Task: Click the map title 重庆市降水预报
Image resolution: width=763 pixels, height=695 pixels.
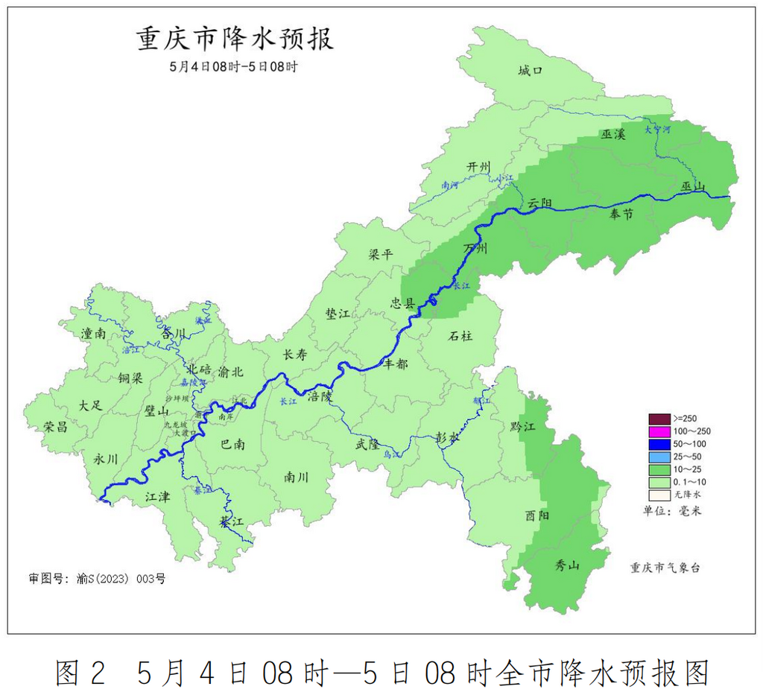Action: (235, 39)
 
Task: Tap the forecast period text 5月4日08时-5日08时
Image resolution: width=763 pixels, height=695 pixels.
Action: (234, 66)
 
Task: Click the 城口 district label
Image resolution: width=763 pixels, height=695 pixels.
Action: (530, 71)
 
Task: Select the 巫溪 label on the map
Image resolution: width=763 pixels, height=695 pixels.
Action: (614, 134)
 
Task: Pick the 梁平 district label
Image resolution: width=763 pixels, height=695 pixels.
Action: (381, 255)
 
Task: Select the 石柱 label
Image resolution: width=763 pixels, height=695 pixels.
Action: (460, 336)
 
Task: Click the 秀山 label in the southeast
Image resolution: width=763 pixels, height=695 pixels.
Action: (568, 565)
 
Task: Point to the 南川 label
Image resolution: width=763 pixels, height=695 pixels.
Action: (297, 477)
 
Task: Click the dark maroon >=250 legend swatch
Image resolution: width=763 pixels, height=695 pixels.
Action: (659, 418)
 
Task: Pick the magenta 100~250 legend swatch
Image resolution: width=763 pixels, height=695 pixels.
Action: (659, 431)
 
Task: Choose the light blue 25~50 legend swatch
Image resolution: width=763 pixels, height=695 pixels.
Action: (659, 456)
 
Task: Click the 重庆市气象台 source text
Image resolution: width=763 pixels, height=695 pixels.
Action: (665, 568)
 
